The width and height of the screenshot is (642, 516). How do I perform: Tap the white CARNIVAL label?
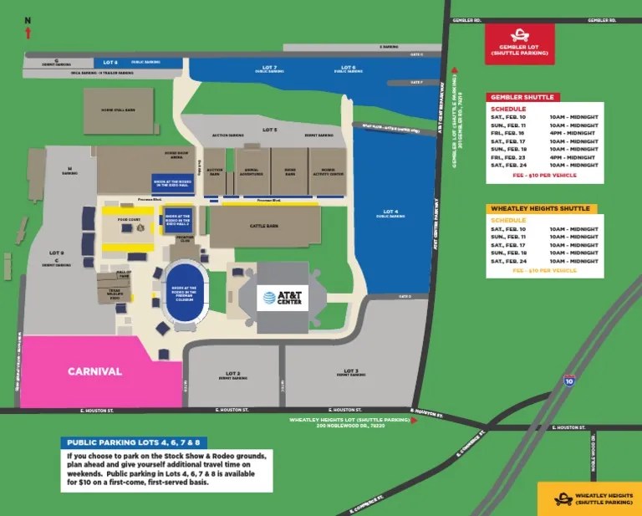[94, 371]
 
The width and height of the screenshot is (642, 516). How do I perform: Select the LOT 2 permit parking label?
[232, 376]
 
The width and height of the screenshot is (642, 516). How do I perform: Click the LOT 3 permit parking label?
[350, 373]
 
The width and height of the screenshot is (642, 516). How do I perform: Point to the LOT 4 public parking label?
[390, 213]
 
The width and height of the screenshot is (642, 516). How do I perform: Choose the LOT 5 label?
[269, 130]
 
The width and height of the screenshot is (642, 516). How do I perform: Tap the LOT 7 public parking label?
[269, 69]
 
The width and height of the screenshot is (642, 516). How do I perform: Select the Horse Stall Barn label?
[118, 109]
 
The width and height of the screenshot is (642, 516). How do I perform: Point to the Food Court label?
[127, 222]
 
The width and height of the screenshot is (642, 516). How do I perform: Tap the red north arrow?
[28, 33]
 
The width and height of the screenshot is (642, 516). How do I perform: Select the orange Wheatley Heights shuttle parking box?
[588, 498]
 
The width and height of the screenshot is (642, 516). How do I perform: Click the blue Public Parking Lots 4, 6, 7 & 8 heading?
[134, 442]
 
